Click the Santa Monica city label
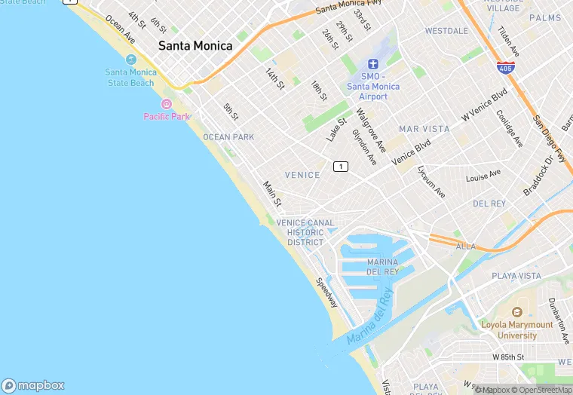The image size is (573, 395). [195, 46]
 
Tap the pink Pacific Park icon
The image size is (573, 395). [167, 104]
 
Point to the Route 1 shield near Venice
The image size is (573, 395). [341, 166]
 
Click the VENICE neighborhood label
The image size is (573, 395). [302, 175]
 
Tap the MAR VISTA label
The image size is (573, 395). [424, 129]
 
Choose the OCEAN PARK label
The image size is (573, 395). [228, 137]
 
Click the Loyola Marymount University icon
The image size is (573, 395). [517, 312]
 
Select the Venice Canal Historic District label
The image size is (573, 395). [305, 232]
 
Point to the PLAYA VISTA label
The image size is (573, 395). [516, 276]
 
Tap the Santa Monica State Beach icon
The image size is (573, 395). [131, 60]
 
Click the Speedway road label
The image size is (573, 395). [327, 292]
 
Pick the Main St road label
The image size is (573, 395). [272, 194]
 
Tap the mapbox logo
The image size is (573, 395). [33, 385]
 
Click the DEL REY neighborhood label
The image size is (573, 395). [489, 204]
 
